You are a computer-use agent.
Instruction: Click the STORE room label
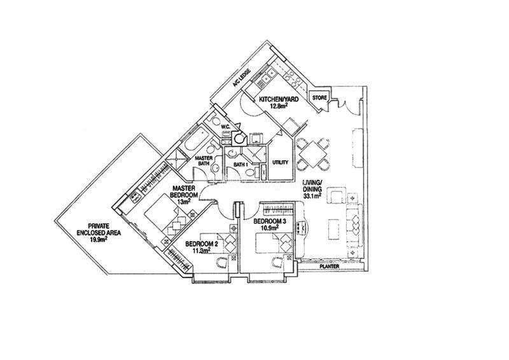[x=319, y=98]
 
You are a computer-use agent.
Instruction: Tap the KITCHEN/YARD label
[x=278, y=99]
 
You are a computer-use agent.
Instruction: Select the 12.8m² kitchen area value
[x=279, y=105]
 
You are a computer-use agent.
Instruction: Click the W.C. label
[x=225, y=127]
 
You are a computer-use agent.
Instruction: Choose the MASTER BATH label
[x=204, y=161]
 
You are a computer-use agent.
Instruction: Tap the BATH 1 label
[x=241, y=165]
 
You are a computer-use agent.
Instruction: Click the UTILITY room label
[x=280, y=162]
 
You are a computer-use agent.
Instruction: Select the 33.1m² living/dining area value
[x=312, y=195]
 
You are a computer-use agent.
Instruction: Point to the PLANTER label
[x=330, y=267]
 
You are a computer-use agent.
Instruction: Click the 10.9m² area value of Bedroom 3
[x=270, y=228]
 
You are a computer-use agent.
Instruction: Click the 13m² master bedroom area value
[x=183, y=201]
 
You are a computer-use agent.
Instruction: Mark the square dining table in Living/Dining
[x=312, y=153]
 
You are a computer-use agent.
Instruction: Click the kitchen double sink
[x=267, y=78]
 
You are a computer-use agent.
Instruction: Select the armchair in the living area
[x=338, y=196]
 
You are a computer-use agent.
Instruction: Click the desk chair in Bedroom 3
[x=277, y=262]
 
